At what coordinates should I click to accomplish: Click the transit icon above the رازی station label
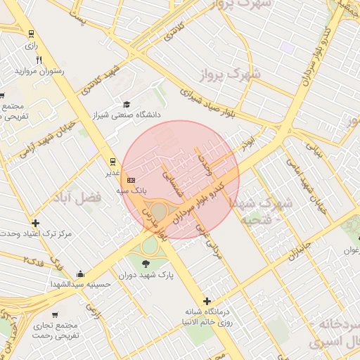coord(31,34)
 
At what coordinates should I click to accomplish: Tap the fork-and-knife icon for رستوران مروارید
coord(39,60)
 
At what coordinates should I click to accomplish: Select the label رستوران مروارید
coord(39,71)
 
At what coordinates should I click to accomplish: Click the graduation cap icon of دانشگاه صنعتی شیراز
coord(127,103)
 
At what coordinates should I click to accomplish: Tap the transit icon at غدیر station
coord(112,161)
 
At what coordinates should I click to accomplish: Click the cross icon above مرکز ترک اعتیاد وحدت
coord(36,223)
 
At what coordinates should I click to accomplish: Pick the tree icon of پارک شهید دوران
coord(146,264)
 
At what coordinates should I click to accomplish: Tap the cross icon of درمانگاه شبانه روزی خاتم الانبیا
coord(207,301)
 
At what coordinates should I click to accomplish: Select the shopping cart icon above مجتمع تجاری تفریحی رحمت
coord(55,314)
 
